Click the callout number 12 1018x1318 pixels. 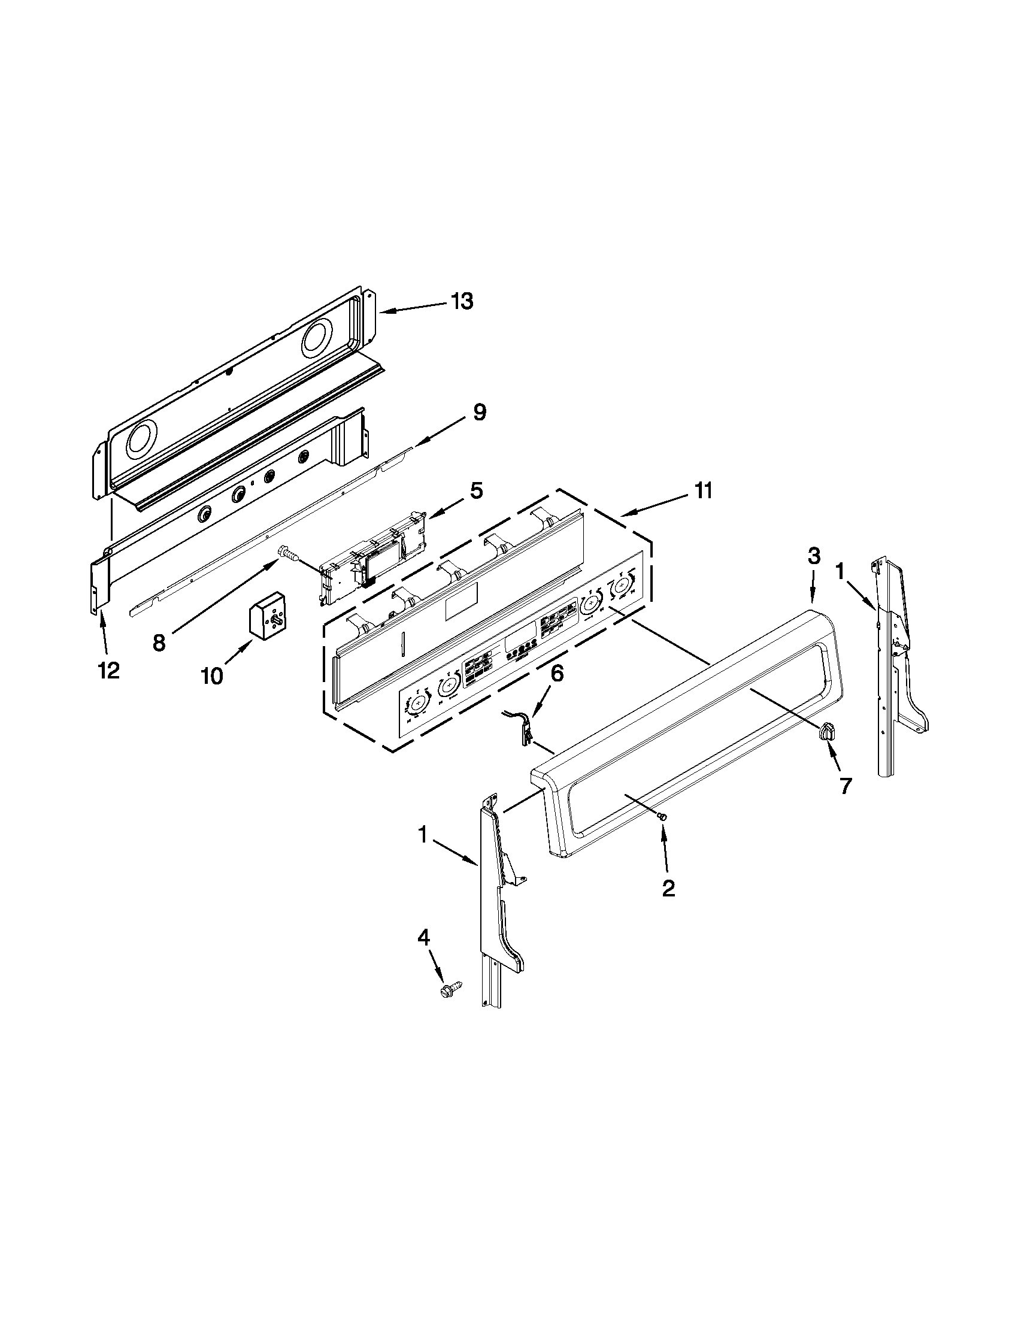[108, 670]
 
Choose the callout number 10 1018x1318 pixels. [212, 677]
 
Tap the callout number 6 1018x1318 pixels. [556, 674]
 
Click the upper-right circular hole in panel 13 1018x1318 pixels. [318, 337]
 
